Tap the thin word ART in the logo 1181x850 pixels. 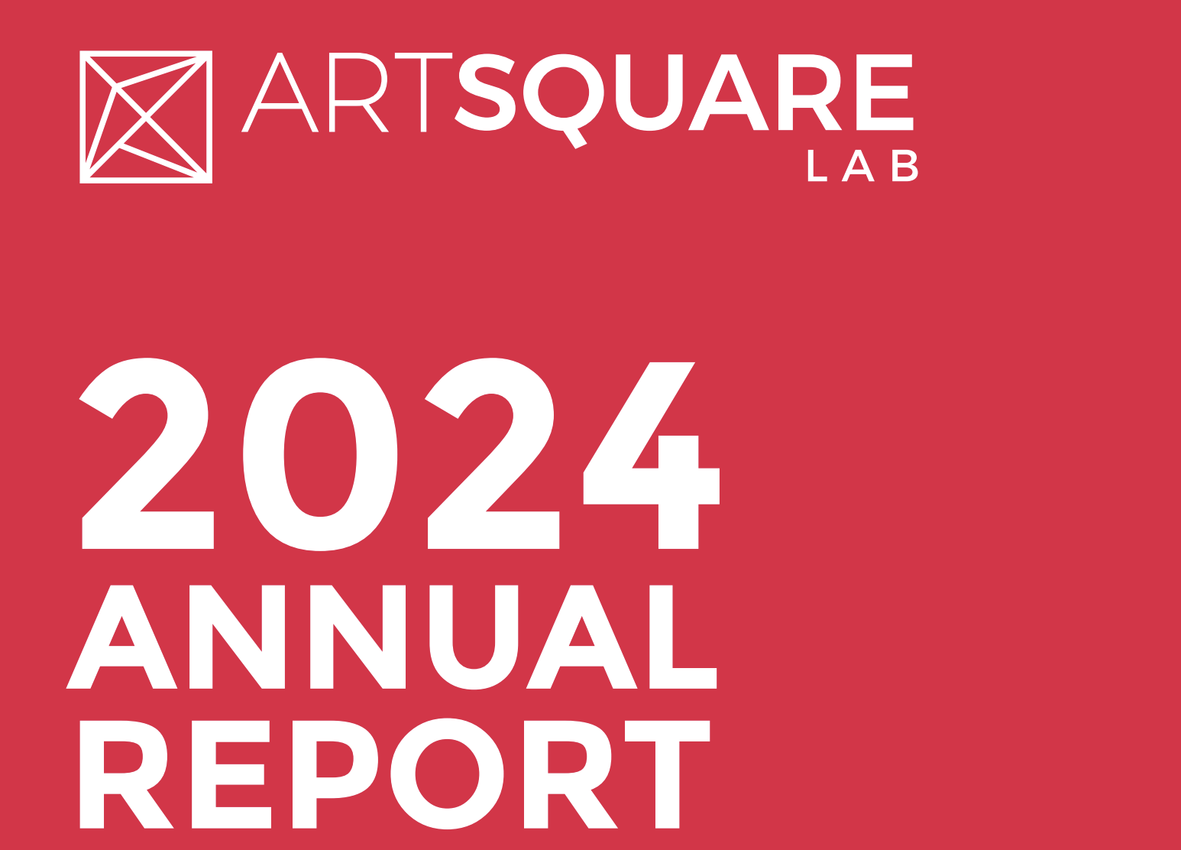pyautogui.click(x=346, y=92)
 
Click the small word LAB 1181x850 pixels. pyautogui.click(x=863, y=166)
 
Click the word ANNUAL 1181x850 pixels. pyautogui.click(x=391, y=637)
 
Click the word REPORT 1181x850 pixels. pyautogui.click(x=395, y=774)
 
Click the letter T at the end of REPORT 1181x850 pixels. pyautogui.click(x=668, y=774)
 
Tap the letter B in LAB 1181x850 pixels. pyautogui.click(x=905, y=166)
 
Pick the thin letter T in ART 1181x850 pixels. pyautogui.click(x=423, y=92)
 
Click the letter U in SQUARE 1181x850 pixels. pyautogui.click(x=649, y=92)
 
